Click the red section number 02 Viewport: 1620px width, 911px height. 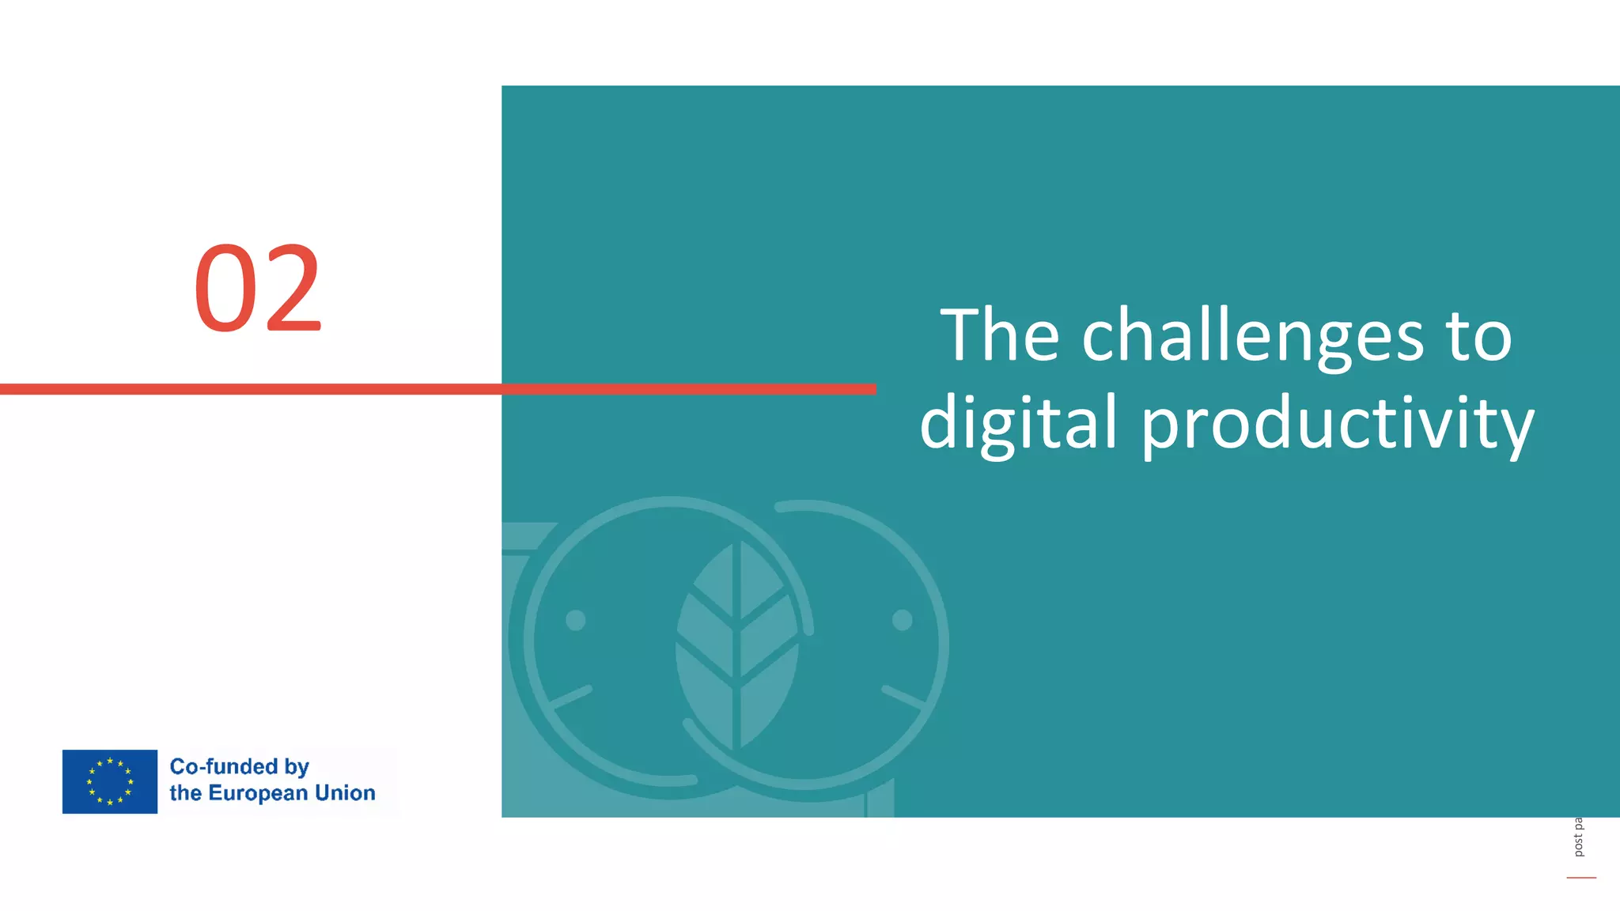[x=258, y=289]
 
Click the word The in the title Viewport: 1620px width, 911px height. [x=999, y=335]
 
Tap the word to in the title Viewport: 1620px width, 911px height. [x=1478, y=337]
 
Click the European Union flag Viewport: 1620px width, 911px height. [x=110, y=781]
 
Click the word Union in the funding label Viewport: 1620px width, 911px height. [x=345, y=792]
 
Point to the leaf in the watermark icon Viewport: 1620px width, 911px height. [x=736, y=645]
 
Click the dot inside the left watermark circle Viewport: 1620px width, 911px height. [x=576, y=620]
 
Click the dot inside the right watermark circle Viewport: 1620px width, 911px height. [x=902, y=620]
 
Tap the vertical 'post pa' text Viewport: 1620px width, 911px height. [x=1578, y=837]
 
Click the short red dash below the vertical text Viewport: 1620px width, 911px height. [x=1581, y=878]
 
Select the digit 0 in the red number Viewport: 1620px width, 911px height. [x=225, y=289]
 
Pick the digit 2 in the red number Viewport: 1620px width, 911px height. [x=293, y=289]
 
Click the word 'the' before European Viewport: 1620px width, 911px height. [x=186, y=792]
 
